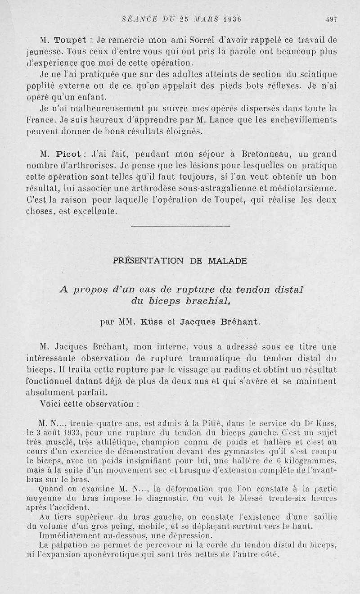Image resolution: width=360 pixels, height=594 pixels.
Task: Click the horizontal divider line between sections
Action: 180,226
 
